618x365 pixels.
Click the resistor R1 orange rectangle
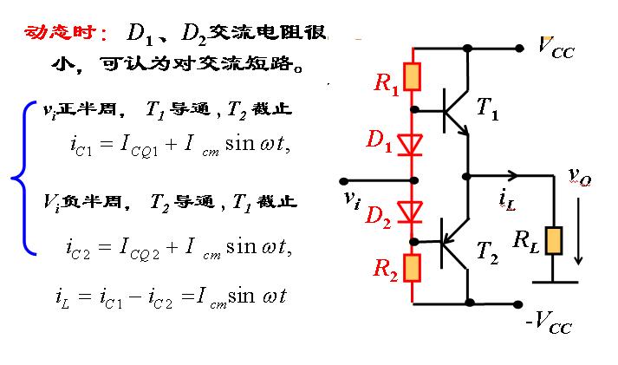pos(413,77)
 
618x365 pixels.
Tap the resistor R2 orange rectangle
pos(413,268)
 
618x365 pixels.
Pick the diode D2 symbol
pos(413,212)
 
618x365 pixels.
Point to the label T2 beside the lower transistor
pos(488,253)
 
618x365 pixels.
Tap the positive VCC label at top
pos(556,45)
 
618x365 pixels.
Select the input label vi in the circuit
pos(351,199)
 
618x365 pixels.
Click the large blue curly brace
pos(21,178)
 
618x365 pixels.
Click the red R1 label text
pos(387,85)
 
